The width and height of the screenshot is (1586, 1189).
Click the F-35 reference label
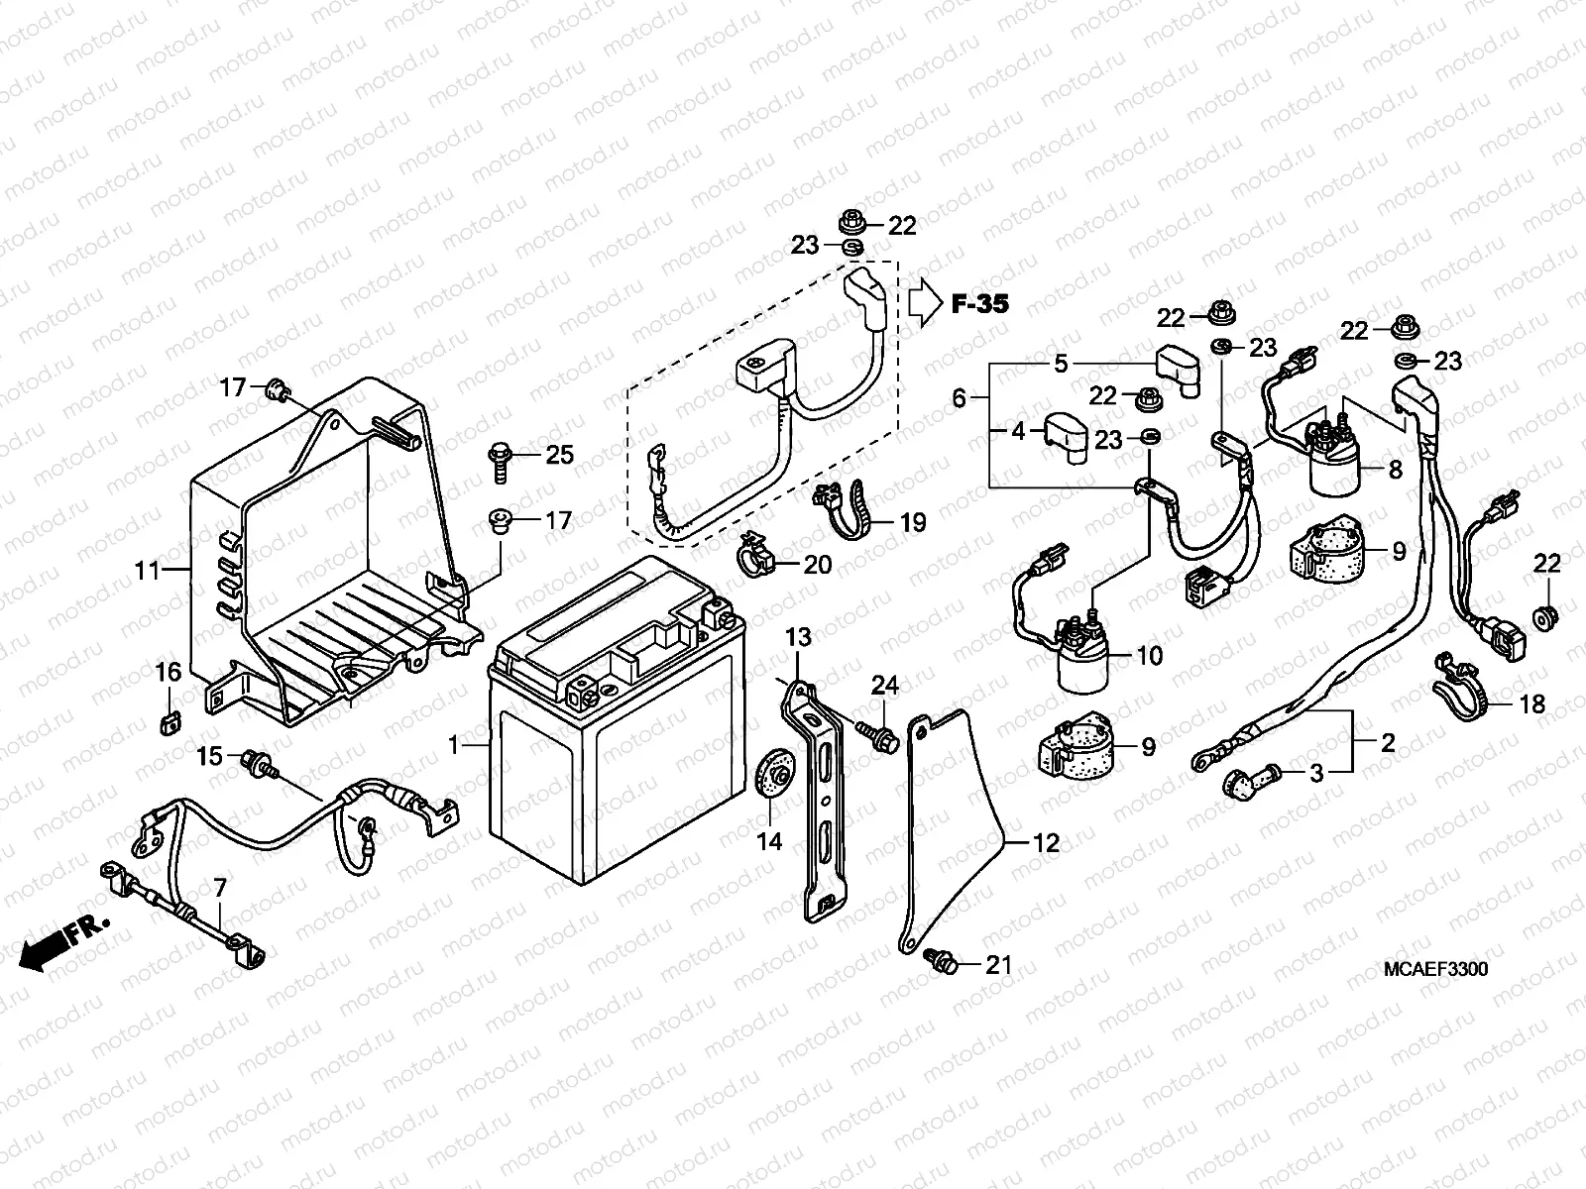[x=979, y=304]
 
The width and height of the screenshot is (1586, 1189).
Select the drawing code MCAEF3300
[x=1435, y=970]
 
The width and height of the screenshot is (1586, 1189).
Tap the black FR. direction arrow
[x=45, y=952]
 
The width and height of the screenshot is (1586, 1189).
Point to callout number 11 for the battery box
[x=147, y=570]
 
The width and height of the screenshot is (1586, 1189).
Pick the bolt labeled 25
[x=501, y=460]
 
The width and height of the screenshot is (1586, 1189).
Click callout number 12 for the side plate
[x=1046, y=843]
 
